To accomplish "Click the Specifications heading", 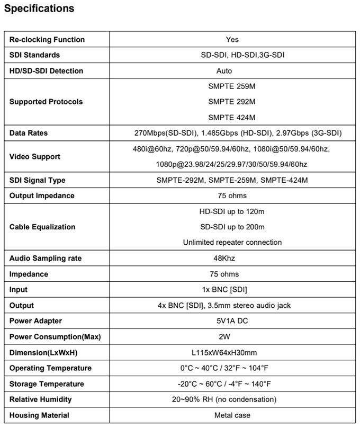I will pyautogui.click(x=39, y=9).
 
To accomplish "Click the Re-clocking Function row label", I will pyautogui.click(x=47, y=40).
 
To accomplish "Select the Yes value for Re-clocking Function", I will pyautogui.click(x=232, y=40).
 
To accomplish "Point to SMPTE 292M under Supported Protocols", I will pyautogui.click(x=232, y=102).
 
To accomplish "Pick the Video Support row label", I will pyautogui.click(x=34, y=157).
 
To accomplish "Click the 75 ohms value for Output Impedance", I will pyautogui.click(x=232, y=195).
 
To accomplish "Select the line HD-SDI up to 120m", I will pyautogui.click(x=232, y=211).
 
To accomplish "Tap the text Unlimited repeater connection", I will pyautogui.click(x=232, y=243).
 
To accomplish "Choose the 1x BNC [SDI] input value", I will pyautogui.click(x=232, y=290).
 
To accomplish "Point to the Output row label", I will pyautogui.click(x=21, y=306).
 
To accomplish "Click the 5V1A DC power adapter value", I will pyautogui.click(x=232, y=321).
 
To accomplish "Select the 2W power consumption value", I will pyautogui.click(x=232, y=337).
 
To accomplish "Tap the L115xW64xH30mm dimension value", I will pyautogui.click(x=232, y=352).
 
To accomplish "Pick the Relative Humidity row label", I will pyautogui.click(x=40, y=399).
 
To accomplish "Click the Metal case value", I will pyautogui.click(x=232, y=415).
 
